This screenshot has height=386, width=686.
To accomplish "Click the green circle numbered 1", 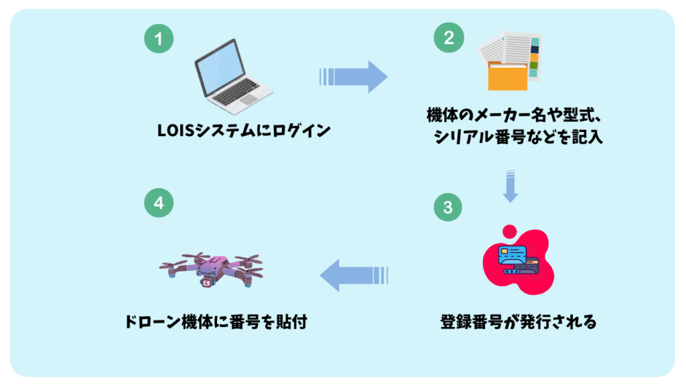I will pos(158,39).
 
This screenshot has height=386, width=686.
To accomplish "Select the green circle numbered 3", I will pos(448,207).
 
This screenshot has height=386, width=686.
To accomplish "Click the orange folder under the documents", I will pos(506,77).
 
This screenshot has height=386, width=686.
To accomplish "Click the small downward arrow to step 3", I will pos(510,186).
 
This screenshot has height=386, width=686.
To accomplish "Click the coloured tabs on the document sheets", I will pos(534,57).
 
